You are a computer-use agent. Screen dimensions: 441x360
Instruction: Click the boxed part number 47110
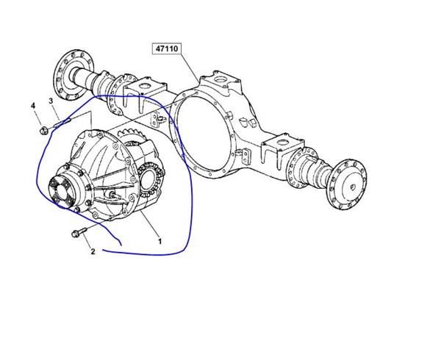(x=167, y=48)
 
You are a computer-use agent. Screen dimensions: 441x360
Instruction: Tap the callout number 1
(x=159, y=241)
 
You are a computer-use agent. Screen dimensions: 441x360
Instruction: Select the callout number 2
(x=93, y=251)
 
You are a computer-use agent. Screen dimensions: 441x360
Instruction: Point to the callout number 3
(x=51, y=101)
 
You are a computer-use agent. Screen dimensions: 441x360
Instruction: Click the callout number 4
(x=33, y=106)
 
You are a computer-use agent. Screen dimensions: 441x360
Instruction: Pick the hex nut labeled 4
(x=43, y=131)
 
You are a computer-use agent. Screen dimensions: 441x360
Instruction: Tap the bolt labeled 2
(x=79, y=233)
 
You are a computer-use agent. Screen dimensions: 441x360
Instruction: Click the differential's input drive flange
(x=60, y=190)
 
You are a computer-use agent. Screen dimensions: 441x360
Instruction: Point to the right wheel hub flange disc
(x=347, y=184)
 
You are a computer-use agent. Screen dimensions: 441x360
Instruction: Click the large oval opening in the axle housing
(x=203, y=132)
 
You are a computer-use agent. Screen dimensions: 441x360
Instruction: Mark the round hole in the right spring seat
(x=283, y=141)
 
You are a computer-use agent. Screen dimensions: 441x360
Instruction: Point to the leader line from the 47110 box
(x=190, y=68)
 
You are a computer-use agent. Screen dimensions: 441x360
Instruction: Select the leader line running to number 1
(x=149, y=224)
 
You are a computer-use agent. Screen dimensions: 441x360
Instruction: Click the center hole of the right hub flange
(x=353, y=187)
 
